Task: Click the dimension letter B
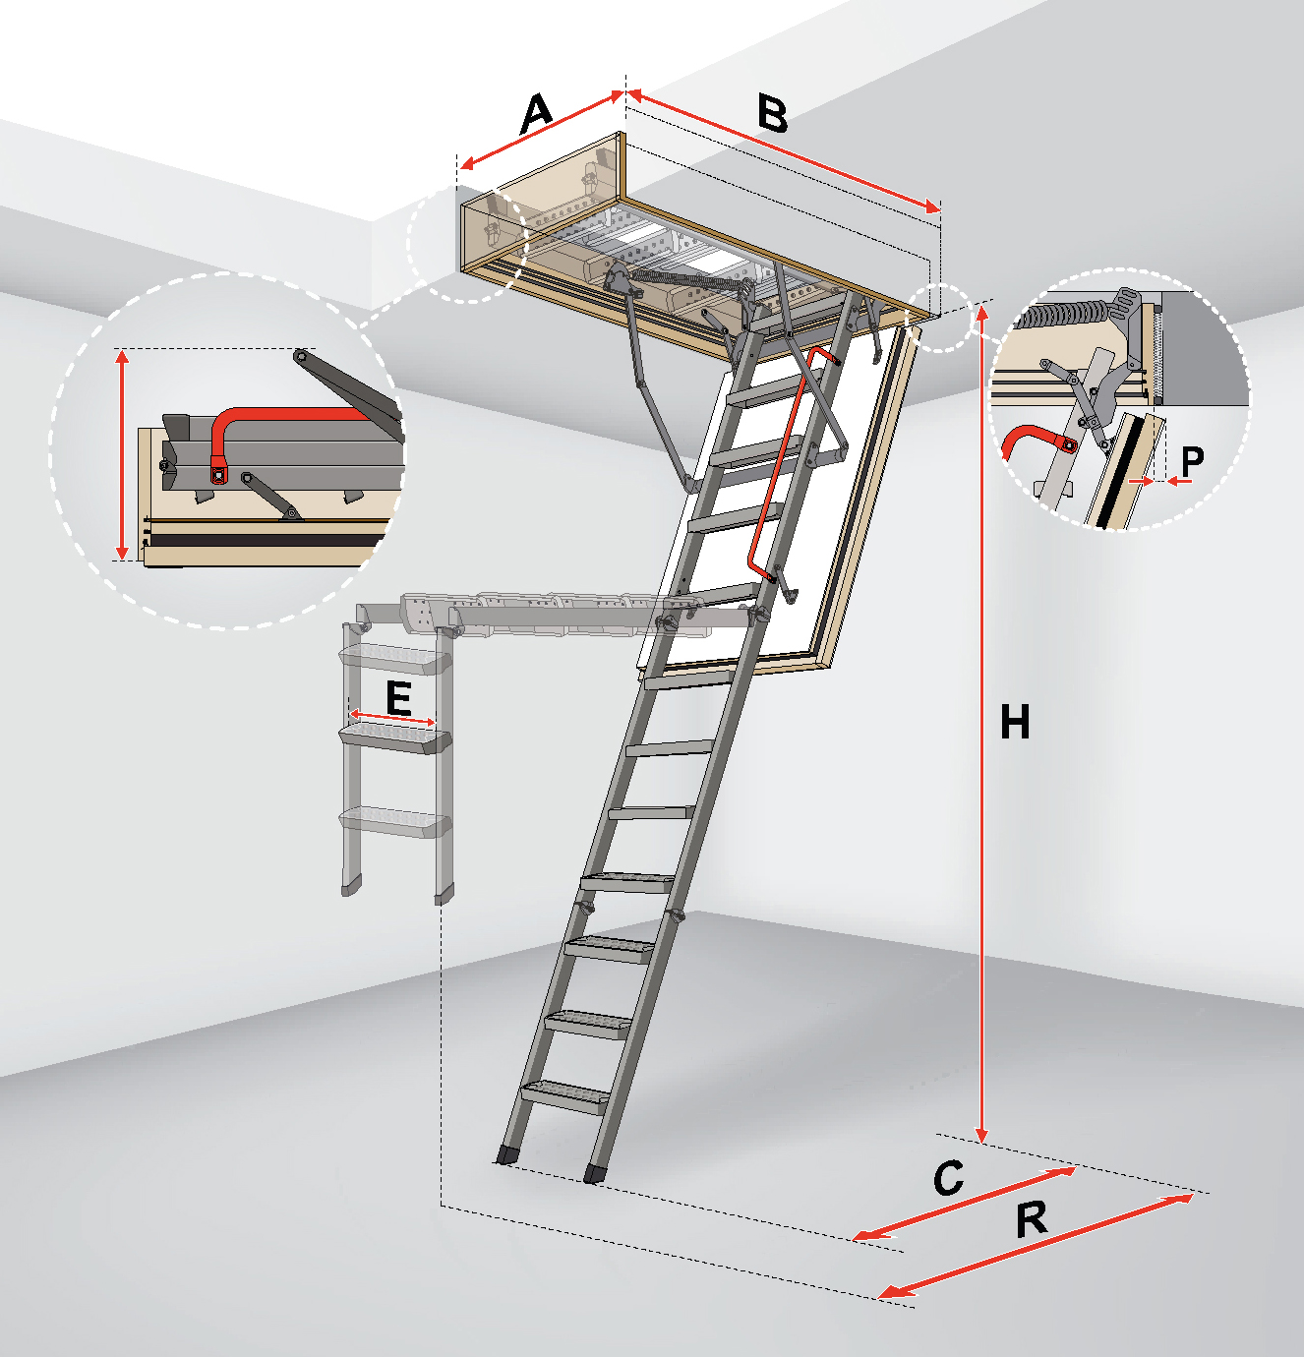tap(772, 114)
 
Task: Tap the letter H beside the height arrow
tap(1015, 722)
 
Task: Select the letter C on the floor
tap(949, 1178)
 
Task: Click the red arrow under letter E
tap(392, 718)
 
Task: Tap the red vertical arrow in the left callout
tap(122, 454)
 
